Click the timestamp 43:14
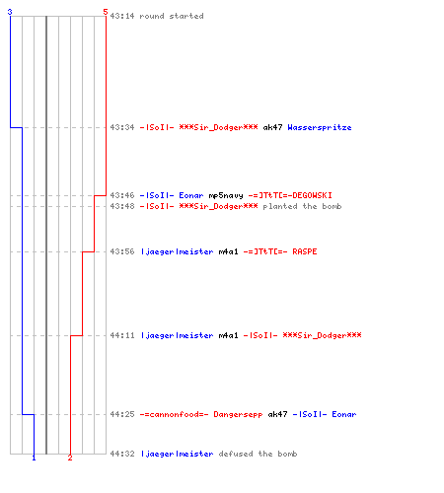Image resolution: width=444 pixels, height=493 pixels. [122, 16]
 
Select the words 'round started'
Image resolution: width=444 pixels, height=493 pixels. [172, 16]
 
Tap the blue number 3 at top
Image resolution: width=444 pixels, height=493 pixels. [10, 12]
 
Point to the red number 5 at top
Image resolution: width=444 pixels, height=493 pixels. [106, 12]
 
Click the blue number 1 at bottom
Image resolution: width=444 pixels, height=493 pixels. [34, 458]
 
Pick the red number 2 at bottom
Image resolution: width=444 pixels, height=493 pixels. [70, 458]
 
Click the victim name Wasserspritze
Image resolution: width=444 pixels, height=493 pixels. [320, 127]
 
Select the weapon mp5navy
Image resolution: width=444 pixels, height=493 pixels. [226, 195]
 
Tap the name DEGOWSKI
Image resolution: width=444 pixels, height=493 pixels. [312, 195]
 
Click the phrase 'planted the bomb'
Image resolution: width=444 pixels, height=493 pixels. [302, 206]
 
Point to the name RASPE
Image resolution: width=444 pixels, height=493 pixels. [305, 251]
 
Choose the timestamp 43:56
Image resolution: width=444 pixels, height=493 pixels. [122, 251]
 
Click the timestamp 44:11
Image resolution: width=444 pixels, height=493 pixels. [122, 335]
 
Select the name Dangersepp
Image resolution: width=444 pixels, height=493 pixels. [238, 414]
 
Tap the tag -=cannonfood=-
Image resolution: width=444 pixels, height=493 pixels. [174, 414]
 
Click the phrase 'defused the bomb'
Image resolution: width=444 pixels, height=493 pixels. [258, 454]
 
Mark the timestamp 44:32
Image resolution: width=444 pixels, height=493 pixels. [122, 454]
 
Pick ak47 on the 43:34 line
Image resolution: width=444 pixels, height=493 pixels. [272, 127]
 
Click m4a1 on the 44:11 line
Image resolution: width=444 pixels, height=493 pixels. [228, 335]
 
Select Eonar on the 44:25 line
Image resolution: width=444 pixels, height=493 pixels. [344, 414]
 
